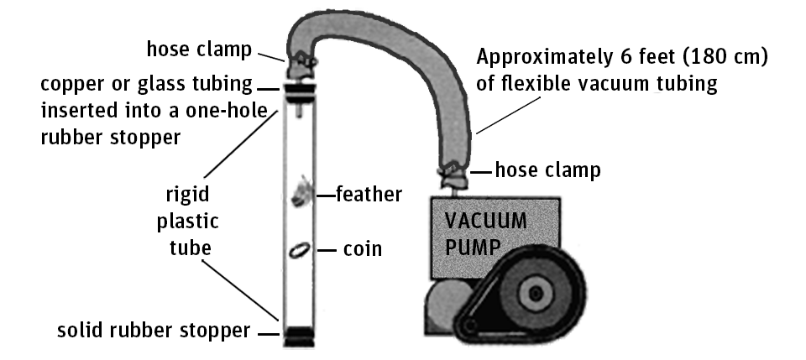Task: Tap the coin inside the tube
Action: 298,249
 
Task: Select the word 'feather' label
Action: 369,195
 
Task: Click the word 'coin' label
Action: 362,249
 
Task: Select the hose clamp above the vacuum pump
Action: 452,174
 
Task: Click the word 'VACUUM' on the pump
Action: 485,222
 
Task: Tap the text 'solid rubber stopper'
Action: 153,330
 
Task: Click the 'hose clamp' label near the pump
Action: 548,170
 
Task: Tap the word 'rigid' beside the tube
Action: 187,196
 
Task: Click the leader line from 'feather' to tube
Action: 324,196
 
